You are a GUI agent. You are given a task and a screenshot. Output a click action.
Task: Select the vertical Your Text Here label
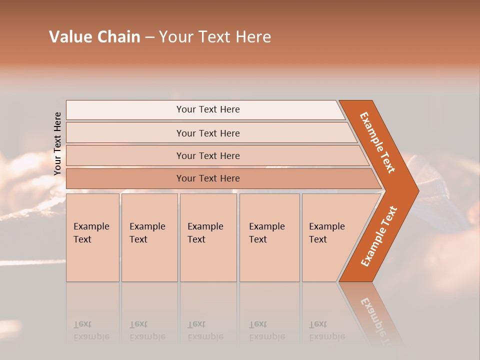pyautogui.click(x=57, y=143)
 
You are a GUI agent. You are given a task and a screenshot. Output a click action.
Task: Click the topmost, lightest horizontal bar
pyautogui.click(x=208, y=109)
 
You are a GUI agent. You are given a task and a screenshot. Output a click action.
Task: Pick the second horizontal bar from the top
pyautogui.click(x=208, y=133)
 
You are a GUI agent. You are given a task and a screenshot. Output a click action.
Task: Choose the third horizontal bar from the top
pyautogui.click(x=208, y=155)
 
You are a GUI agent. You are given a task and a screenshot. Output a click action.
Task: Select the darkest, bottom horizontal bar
pyautogui.click(x=208, y=178)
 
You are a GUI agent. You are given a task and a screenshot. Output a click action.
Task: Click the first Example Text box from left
pyautogui.click(x=92, y=237)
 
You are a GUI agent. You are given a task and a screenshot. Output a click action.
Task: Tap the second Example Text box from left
pyautogui.click(x=149, y=237)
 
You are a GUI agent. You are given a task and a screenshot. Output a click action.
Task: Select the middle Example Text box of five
pyautogui.click(x=208, y=237)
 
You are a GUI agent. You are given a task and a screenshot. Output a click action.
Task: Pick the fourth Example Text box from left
pyautogui.click(x=269, y=237)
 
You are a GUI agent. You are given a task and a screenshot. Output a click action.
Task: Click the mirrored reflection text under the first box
pyautogui.click(x=91, y=330)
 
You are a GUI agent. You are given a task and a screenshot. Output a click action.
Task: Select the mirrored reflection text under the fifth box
pyautogui.click(x=326, y=330)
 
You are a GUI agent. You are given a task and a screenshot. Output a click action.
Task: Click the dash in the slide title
pyautogui.click(x=149, y=37)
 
